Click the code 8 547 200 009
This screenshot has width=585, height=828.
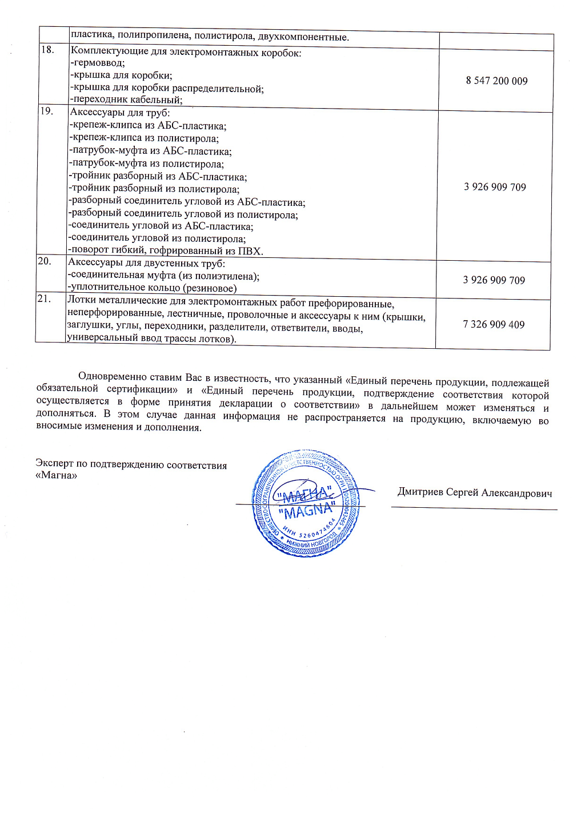coord(496,81)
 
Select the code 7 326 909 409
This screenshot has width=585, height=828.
coord(494,324)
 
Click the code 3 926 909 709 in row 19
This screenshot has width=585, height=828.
coord(495,187)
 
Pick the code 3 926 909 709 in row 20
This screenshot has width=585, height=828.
coord(494,280)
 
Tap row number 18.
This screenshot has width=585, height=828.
coord(47,50)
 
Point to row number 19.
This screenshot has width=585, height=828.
coord(46,111)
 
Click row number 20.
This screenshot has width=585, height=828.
coord(45,261)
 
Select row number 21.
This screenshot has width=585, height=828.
coord(44,298)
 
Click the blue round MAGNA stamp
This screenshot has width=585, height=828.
coord(306,504)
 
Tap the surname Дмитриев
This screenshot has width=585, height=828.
coord(420,492)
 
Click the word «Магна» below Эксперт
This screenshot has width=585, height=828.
coord(56,475)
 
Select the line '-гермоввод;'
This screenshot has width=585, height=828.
coord(97,63)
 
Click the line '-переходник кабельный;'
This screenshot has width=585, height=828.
coord(126,99)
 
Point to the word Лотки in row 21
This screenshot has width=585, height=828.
coord(81,300)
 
